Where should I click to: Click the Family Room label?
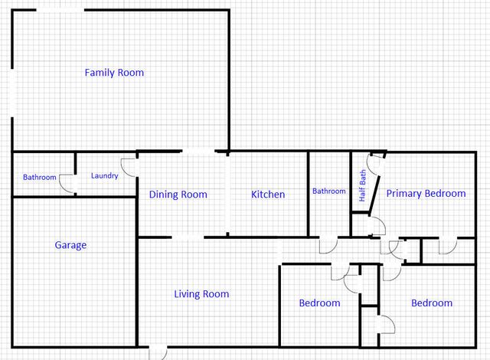[x=114, y=73]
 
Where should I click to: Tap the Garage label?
[x=70, y=245]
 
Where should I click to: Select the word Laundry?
[x=104, y=176]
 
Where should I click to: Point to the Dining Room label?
[x=178, y=195]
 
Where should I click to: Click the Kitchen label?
[x=268, y=195]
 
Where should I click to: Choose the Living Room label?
[x=201, y=294]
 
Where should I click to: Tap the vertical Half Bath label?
[x=363, y=186]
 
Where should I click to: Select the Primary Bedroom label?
[x=425, y=194]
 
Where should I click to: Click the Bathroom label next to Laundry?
[x=40, y=178]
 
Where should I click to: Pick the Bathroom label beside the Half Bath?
[x=328, y=191]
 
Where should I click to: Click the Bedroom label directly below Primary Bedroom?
[x=432, y=303]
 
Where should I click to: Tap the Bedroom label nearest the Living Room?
[x=319, y=303]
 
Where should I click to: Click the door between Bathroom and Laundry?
[x=67, y=185]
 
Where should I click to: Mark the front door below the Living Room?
[x=158, y=352]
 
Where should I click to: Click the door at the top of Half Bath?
[x=375, y=163]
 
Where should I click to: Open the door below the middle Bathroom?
[x=327, y=245]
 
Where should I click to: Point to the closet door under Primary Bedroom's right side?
[x=446, y=245]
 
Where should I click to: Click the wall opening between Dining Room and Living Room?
[x=188, y=237]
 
